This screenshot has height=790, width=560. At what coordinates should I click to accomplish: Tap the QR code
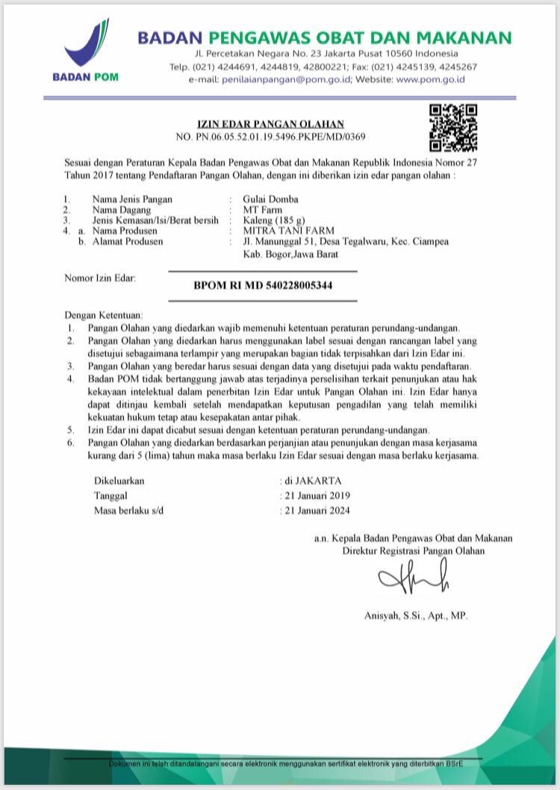[453, 128]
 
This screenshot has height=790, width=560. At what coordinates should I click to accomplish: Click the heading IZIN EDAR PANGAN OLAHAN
[270, 123]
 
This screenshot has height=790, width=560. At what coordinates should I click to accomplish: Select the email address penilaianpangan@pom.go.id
[286, 78]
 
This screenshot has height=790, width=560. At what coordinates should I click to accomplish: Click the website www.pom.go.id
[431, 78]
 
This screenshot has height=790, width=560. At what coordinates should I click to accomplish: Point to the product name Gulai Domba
[270, 199]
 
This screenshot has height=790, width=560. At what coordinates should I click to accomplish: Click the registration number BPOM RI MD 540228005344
[263, 285]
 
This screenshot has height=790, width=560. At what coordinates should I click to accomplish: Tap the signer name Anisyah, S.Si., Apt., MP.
[415, 616]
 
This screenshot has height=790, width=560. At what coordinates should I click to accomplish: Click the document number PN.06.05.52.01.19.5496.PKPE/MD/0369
[270, 137]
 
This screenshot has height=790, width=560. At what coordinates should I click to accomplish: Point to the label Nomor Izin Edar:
[99, 279]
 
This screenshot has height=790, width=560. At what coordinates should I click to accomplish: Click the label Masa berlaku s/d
[128, 511]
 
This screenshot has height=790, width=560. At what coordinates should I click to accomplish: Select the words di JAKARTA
[313, 481]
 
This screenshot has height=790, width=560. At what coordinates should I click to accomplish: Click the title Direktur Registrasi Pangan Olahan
[413, 551]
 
